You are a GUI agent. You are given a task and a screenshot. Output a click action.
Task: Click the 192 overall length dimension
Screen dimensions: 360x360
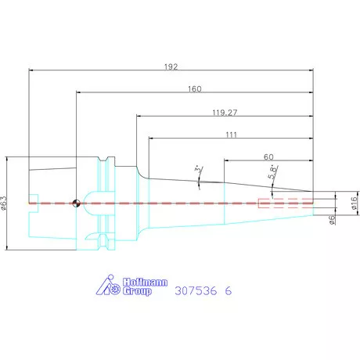pyautogui.click(x=171, y=67)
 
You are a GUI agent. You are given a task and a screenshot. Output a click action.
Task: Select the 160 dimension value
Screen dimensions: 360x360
pyautogui.click(x=195, y=89)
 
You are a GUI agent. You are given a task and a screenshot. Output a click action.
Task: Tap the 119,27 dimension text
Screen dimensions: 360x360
pyautogui.click(x=225, y=113)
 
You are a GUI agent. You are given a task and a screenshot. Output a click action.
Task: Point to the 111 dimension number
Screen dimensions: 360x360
pyautogui.click(x=232, y=135)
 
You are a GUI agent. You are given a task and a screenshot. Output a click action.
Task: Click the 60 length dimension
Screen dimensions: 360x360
pyautogui.click(x=268, y=157)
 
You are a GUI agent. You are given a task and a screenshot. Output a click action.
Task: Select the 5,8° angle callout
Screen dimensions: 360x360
pyautogui.click(x=273, y=172)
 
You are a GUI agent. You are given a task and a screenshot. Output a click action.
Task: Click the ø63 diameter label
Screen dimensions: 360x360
pyautogui.click(x=3, y=203)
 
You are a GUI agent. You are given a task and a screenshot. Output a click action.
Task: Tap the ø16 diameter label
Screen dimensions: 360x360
pyautogui.click(x=354, y=203)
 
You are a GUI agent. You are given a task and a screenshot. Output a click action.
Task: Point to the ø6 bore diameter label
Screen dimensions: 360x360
pyautogui.click(x=332, y=220)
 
